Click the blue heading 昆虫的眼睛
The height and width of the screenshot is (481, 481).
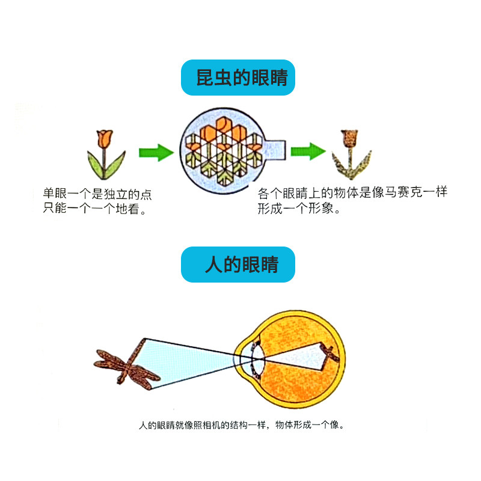tap(238, 78)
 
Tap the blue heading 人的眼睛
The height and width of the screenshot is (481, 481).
tap(238, 265)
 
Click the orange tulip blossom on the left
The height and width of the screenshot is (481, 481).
tap(105, 138)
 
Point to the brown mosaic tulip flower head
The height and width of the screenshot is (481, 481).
tap(349, 138)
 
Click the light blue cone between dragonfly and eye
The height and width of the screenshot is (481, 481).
tap(192, 361)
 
